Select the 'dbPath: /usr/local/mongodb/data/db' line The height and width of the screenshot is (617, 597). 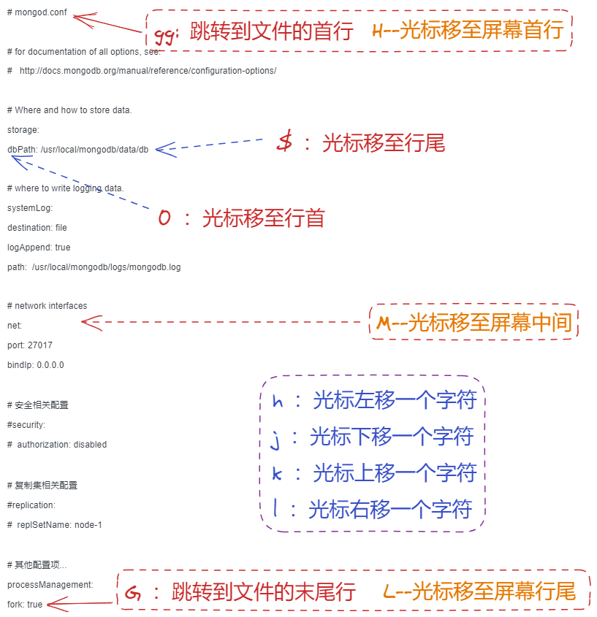tap(77, 149)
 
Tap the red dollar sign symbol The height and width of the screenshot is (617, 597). tap(285, 142)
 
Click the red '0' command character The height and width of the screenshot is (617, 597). tap(164, 218)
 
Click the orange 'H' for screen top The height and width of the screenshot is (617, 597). tap(378, 31)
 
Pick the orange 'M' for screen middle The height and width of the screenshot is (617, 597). tap(384, 323)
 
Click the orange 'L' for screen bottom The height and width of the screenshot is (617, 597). tap(389, 591)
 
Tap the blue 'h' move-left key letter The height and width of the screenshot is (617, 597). tap(277, 401)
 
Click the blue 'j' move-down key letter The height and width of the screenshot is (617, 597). tap(275, 438)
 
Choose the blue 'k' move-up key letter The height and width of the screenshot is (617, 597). tap(277, 474)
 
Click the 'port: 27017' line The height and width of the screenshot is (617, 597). tap(30, 345)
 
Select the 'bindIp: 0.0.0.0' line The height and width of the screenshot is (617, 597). tap(36, 364)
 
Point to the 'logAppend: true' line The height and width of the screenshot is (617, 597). tap(39, 248)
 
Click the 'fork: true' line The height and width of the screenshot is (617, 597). tap(25, 605)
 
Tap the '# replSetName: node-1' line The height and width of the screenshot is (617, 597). tap(55, 524)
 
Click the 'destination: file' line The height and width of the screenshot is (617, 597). tap(37, 228)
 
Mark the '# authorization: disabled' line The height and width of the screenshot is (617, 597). tap(57, 444)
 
